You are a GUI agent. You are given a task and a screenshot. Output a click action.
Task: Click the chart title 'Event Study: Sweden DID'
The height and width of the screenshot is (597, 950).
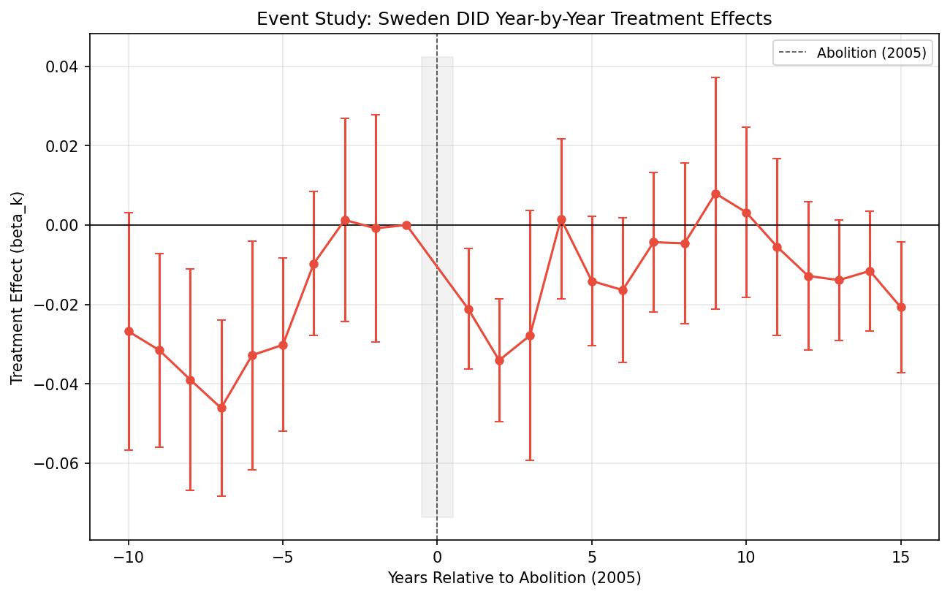click(x=514, y=18)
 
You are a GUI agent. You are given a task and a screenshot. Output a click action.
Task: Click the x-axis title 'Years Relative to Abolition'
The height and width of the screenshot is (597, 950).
click(x=514, y=578)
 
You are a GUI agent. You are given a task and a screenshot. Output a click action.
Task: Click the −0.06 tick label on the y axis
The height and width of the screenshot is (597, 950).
click(x=64, y=463)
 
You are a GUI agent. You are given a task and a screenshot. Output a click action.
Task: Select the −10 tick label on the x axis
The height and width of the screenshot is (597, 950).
click(x=129, y=557)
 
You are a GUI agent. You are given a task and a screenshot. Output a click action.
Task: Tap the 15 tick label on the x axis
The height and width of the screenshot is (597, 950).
click(x=901, y=557)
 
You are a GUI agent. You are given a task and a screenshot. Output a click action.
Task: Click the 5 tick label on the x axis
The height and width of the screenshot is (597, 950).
click(x=592, y=557)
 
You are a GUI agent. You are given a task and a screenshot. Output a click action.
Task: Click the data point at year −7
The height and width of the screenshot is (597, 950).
click(x=221, y=408)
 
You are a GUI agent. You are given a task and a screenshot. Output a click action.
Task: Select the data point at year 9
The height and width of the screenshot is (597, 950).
click(x=715, y=194)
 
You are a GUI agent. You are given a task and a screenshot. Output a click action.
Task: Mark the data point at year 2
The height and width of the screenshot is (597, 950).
click(x=499, y=360)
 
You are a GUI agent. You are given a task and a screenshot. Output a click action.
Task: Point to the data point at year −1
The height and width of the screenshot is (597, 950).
click(x=406, y=225)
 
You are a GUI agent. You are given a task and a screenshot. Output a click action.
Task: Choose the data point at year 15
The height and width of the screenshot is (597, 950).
click(x=901, y=307)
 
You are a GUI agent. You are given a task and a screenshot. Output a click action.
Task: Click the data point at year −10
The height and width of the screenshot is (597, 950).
click(x=129, y=331)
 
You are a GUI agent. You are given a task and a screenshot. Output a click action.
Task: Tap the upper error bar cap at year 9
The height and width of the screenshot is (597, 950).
click(x=715, y=77)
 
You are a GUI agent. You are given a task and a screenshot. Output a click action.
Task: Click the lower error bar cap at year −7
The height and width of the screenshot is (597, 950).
click(x=221, y=496)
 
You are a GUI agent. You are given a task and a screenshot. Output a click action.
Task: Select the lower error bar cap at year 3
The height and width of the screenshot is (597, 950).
click(x=530, y=460)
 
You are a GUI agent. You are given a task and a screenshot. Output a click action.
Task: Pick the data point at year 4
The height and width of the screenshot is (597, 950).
click(x=561, y=219)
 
